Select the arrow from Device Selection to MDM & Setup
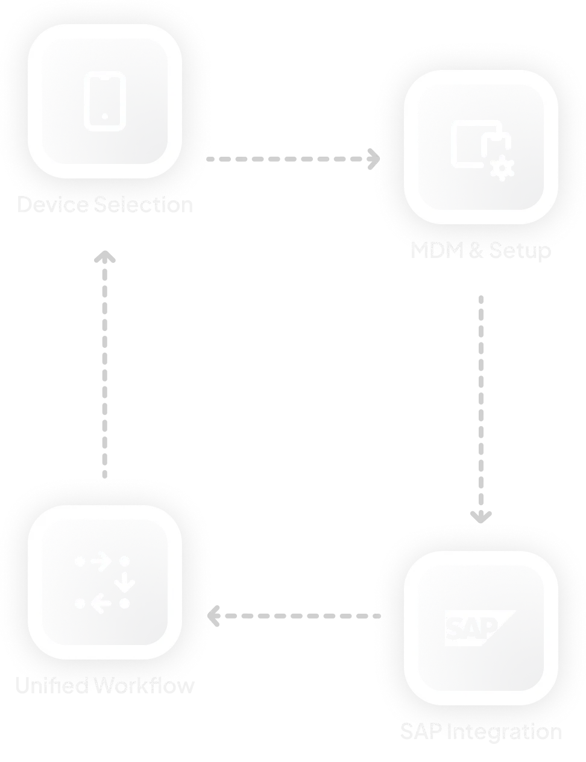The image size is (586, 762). coord(293,159)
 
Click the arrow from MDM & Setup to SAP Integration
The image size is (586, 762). coord(481,410)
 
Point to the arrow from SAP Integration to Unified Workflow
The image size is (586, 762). coord(293,616)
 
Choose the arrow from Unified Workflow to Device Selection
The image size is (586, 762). coord(106,362)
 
